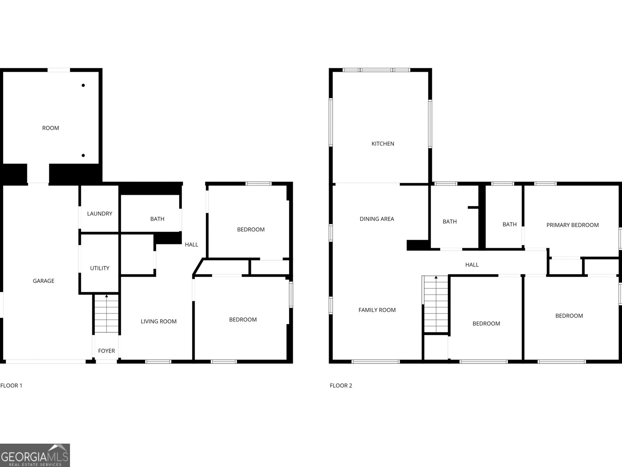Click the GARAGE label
(44, 281)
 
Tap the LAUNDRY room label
(100, 214)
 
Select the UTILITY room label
(100, 268)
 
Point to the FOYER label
(106, 351)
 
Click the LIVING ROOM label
(159, 321)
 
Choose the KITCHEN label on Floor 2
(383, 144)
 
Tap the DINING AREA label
(377, 219)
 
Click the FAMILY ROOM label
(377, 310)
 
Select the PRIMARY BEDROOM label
(572, 225)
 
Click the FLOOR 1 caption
(11, 386)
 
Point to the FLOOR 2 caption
(341, 386)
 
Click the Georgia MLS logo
(35, 455)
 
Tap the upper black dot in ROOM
(83, 85)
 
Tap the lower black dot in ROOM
(83, 156)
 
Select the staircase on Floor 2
(436, 304)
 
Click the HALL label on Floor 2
(472, 265)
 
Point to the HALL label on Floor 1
(191, 244)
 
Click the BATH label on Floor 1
(157, 219)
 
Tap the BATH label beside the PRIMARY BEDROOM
(509, 225)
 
